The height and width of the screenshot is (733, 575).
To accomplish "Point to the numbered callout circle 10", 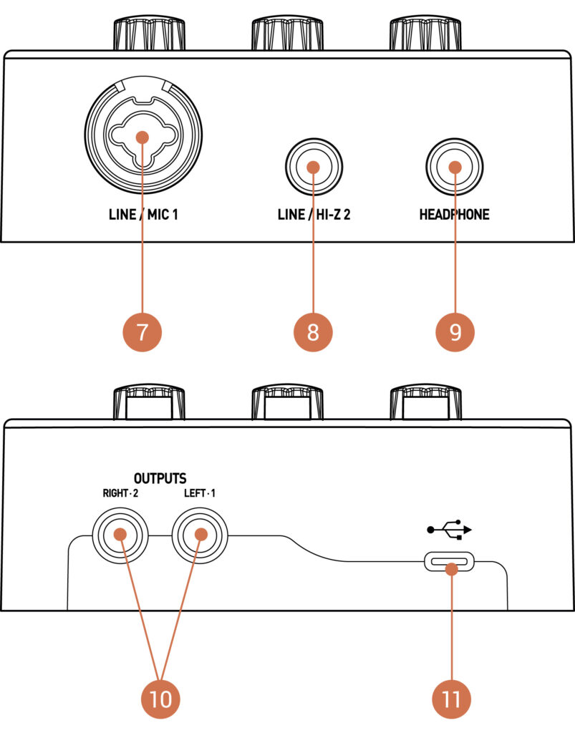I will click(x=161, y=699).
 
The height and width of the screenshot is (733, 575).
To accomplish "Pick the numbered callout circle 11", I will click(x=452, y=699).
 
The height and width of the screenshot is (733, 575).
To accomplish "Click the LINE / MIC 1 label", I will click(x=142, y=214).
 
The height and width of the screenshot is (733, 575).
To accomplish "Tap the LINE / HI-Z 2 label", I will click(x=313, y=214).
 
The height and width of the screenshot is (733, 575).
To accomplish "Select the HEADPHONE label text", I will click(x=454, y=214).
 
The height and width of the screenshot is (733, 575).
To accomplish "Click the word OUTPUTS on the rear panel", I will click(x=160, y=477).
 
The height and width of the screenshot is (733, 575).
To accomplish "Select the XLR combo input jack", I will click(x=142, y=135).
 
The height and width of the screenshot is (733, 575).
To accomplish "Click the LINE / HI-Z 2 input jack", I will click(x=313, y=167).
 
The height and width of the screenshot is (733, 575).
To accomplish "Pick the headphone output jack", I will click(x=454, y=167).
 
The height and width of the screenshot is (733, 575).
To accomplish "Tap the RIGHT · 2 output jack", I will click(x=120, y=535).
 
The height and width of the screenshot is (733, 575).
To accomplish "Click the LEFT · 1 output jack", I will click(x=200, y=535).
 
